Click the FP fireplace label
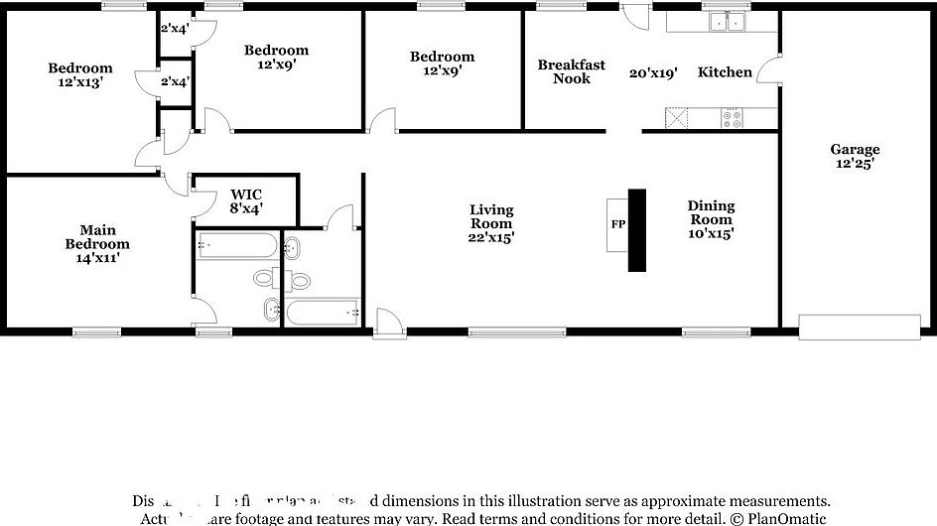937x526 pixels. click(x=617, y=224)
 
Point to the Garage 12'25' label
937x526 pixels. click(x=855, y=157)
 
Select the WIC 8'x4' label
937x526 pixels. click(x=245, y=201)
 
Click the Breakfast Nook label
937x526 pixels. click(x=571, y=71)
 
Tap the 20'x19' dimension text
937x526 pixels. click(x=654, y=72)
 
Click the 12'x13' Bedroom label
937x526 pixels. click(x=80, y=76)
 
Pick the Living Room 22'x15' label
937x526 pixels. click(x=491, y=223)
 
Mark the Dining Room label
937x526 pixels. click(x=712, y=219)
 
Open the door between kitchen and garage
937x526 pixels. click(x=767, y=69)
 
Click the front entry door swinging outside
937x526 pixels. click(x=388, y=322)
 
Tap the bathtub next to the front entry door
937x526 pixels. click(x=323, y=312)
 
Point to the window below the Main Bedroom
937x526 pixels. click(x=97, y=331)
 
